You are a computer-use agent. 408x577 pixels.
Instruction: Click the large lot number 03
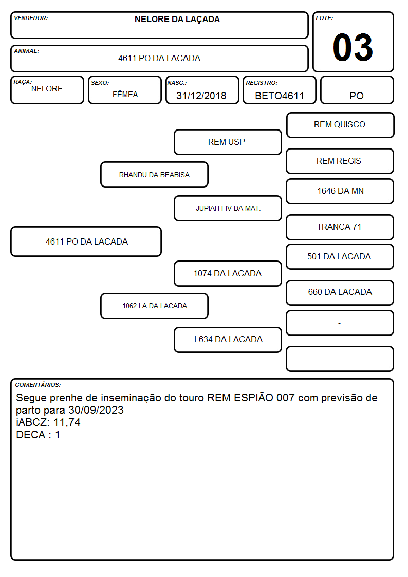353,47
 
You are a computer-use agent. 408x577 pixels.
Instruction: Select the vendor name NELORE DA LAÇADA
177,20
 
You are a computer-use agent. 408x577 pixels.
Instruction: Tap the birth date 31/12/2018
201,96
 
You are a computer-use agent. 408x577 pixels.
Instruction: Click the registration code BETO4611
280,96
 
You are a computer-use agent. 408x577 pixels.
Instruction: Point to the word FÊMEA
125,94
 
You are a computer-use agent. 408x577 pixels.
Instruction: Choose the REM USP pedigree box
228,142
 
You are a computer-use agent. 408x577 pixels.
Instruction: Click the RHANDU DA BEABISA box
155,174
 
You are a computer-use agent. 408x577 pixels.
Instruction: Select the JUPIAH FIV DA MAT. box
228,208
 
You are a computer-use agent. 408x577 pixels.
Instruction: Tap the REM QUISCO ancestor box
340,125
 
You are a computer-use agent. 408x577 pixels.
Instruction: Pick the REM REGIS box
340,161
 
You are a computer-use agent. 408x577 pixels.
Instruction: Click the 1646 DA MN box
340,191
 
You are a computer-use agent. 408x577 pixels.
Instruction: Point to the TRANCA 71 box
340,228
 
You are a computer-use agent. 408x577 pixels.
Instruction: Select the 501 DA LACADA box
340,257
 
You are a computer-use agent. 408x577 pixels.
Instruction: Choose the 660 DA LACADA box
340,292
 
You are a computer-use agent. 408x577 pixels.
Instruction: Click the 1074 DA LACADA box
228,274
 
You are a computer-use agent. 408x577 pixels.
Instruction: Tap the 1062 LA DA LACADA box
155,306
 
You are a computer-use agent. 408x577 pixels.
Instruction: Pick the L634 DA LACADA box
228,340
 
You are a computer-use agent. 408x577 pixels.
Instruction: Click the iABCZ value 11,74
67,422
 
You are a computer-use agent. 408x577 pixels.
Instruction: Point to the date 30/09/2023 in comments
96,410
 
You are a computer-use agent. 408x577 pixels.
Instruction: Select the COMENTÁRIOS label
38,385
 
